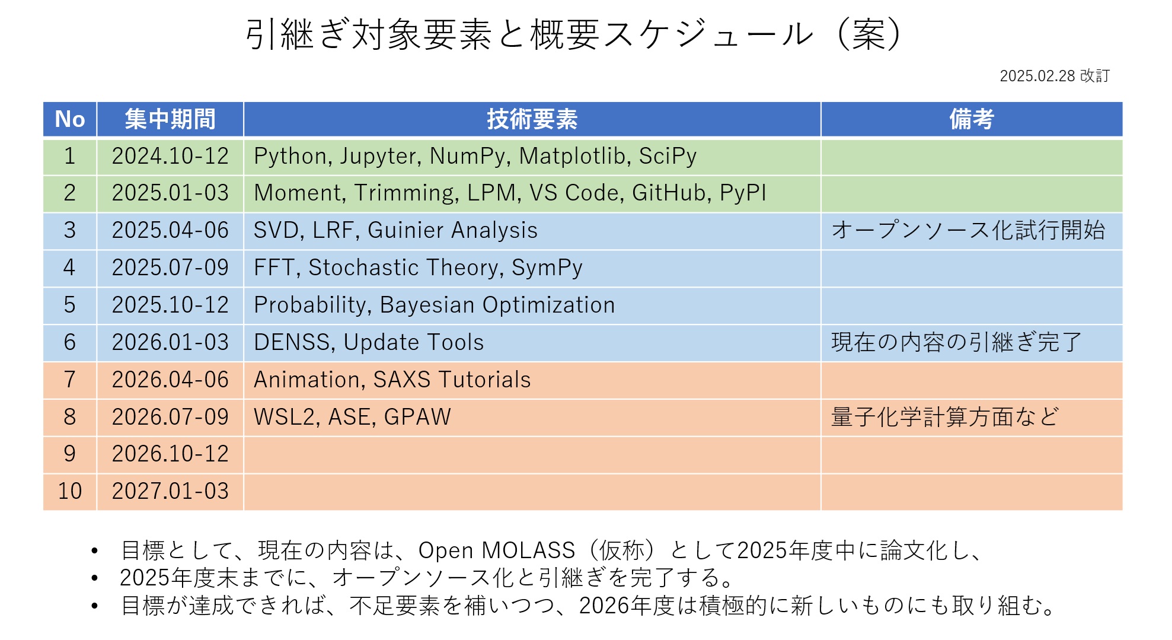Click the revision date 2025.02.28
[x=1037, y=76]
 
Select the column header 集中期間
[x=170, y=119]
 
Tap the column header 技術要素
[x=532, y=119]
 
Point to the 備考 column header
[x=972, y=119]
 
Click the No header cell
[x=70, y=119]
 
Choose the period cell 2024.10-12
[x=170, y=156]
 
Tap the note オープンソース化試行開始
[x=968, y=230]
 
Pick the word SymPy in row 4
[x=547, y=268]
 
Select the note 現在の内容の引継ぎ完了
[x=957, y=342]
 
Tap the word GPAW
[x=417, y=417]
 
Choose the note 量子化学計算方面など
[x=945, y=417]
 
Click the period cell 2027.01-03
[x=170, y=491]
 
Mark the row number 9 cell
[x=70, y=454]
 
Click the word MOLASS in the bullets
[x=528, y=550]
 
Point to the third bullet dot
[x=94, y=606]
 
